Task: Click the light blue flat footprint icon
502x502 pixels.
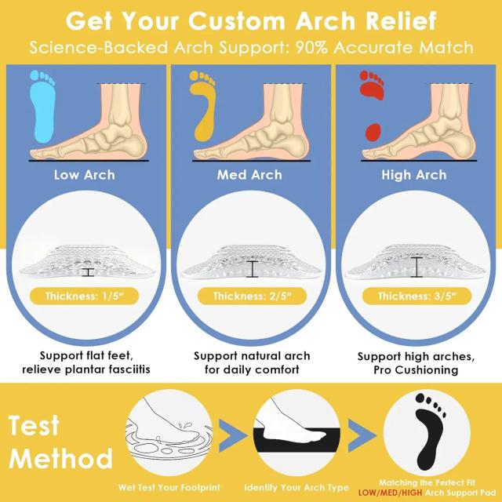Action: [x=42, y=109]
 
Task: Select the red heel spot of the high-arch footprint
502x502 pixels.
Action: [x=373, y=132]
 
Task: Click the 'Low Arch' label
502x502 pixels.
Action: [x=85, y=175]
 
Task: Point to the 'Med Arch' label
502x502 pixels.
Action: [x=249, y=175]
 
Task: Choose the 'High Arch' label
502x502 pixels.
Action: [x=414, y=175]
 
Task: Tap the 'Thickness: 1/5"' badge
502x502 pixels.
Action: [x=84, y=296]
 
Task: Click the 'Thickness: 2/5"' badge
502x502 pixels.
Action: [x=253, y=296]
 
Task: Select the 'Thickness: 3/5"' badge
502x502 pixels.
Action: [x=417, y=296]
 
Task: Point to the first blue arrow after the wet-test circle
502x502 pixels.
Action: [x=232, y=436]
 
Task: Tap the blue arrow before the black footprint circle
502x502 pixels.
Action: [x=362, y=436]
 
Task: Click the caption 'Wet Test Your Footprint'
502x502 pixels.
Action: [x=169, y=488]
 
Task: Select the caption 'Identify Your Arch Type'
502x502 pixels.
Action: [x=296, y=488]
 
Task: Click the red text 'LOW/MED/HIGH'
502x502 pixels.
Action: [x=391, y=493]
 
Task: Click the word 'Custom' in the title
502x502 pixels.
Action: [x=237, y=21]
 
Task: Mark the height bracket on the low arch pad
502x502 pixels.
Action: [x=88, y=272]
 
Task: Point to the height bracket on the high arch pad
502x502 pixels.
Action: [x=417, y=267]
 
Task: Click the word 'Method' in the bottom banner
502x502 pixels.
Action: [x=61, y=458]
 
